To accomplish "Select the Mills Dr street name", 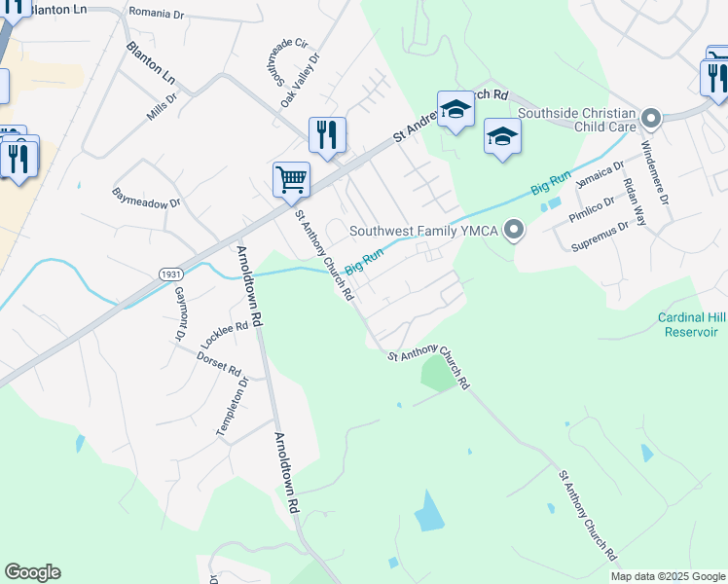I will click(163, 106).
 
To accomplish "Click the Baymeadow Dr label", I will click(147, 199).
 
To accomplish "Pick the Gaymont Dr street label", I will click(179, 313).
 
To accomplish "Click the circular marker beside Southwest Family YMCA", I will click(514, 231).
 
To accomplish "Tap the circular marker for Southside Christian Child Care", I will click(651, 120).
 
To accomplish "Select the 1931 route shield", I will click(168, 275).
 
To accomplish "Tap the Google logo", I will click(32, 572).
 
